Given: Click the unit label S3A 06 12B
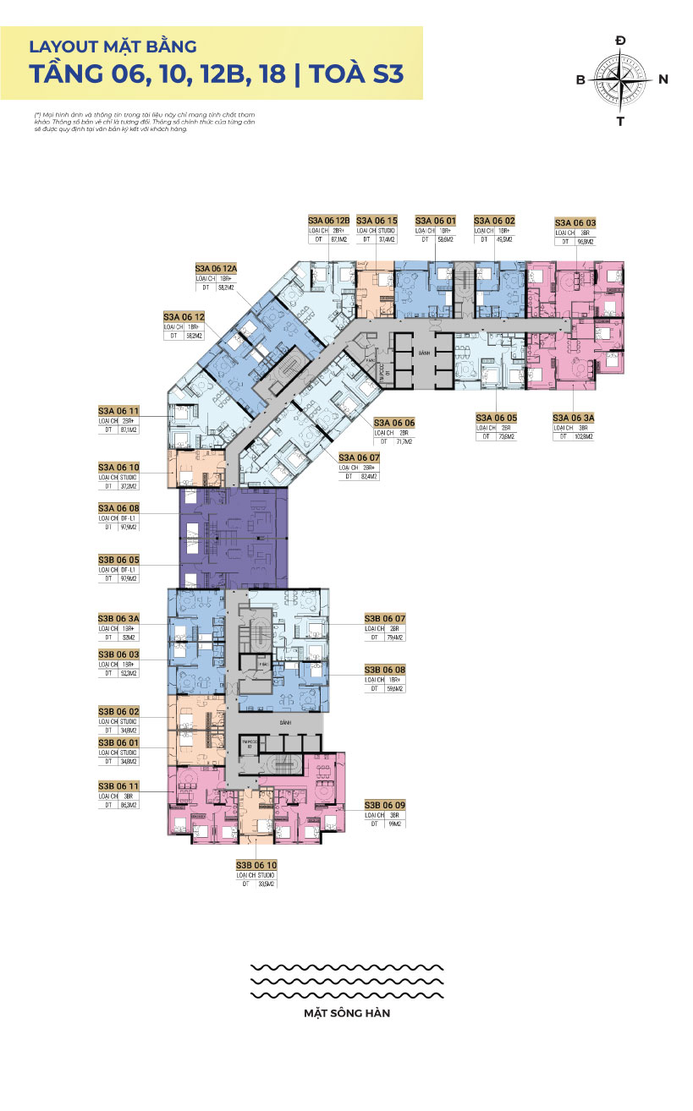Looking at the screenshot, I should pos(328,220).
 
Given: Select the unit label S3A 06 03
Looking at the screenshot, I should pos(575,222).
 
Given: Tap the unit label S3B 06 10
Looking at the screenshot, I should pos(256,865).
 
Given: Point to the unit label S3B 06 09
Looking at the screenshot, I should pos(385,804).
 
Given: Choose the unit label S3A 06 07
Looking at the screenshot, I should pos(359,457).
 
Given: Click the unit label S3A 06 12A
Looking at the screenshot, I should pos(217,267).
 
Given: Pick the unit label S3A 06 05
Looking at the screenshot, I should pos(496,417).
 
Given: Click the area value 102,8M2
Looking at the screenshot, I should pos(583,436).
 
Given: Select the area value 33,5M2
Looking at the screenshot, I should pos(268,884).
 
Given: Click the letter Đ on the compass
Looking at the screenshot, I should pos(620,41).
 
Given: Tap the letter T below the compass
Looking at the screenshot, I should pos(620,121).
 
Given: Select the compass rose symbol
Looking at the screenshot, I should pos(620,79).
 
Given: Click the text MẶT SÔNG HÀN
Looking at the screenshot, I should pos(347,1012).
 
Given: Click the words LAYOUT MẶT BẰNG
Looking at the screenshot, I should pos(113,46).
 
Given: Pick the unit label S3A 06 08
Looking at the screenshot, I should pos(118,507).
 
